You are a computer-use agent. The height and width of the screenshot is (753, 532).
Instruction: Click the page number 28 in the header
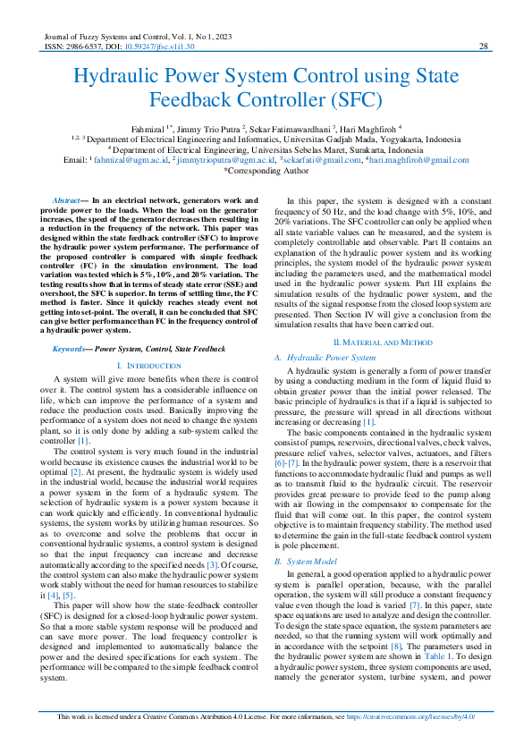(483, 47)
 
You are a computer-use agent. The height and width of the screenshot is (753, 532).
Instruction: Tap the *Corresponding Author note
(266, 169)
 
